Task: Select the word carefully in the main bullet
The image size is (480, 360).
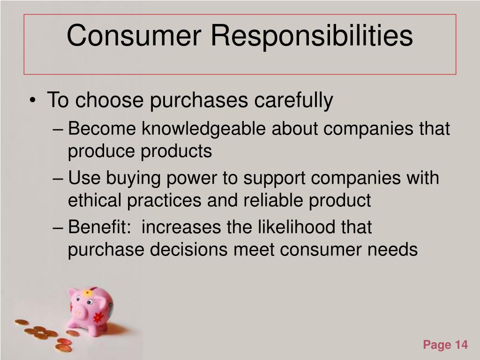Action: (293, 100)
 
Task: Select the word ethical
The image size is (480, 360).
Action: (95, 201)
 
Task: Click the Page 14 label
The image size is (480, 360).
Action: (445, 345)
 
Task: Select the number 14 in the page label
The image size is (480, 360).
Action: (461, 345)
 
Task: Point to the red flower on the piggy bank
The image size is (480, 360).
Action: (98, 317)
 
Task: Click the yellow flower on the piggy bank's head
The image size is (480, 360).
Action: (88, 293)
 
